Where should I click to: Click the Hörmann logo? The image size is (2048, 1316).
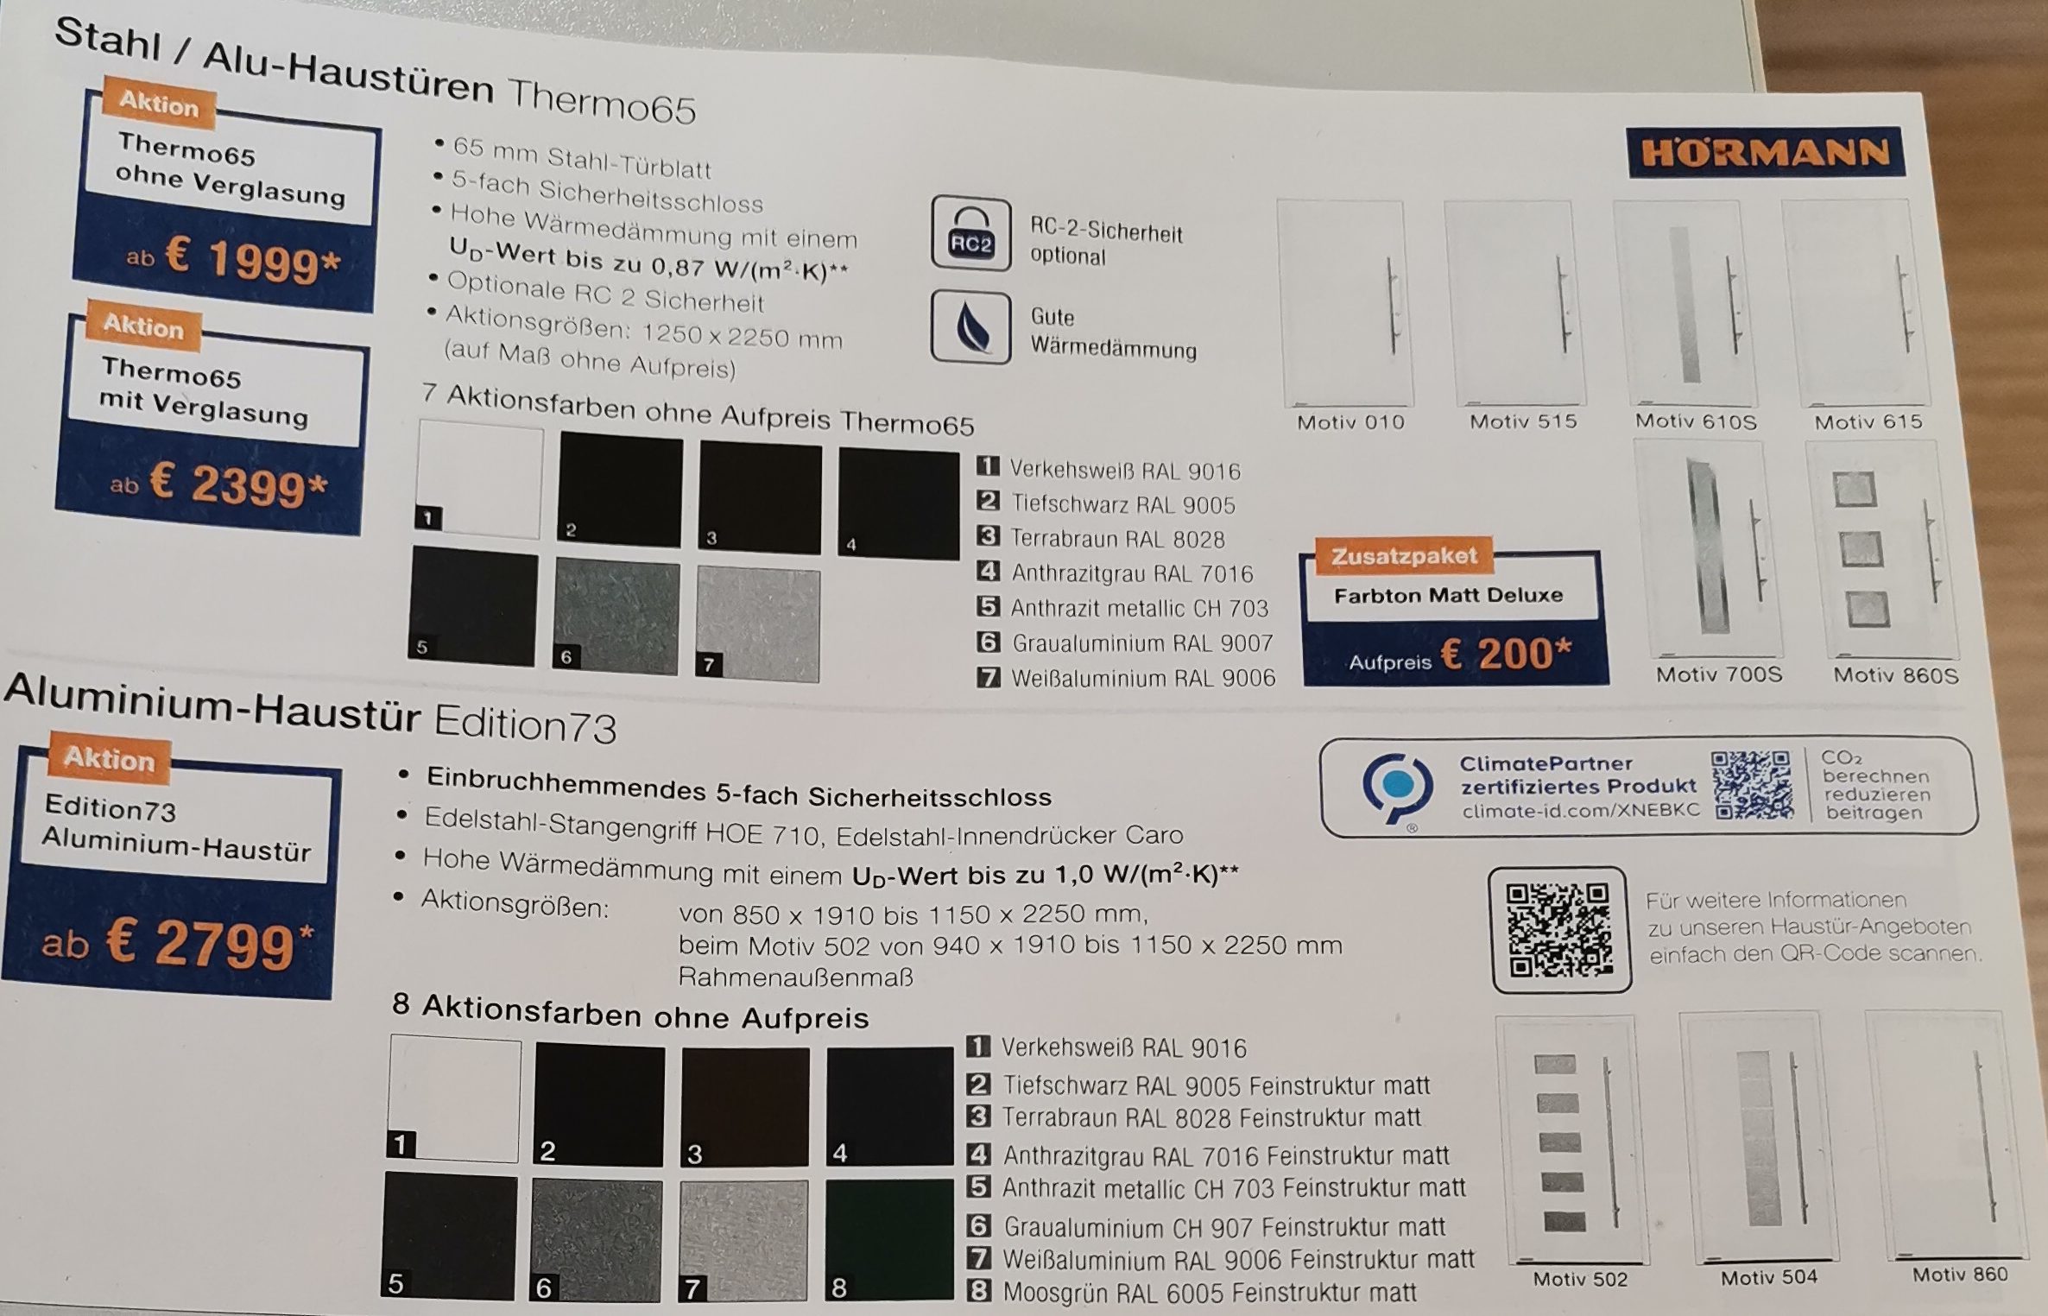pyautogui.click(x=1765, y=154)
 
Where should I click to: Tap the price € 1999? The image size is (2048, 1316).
pyautogui.click(x=252, y=258)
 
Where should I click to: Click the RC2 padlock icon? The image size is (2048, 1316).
pyautogui.click(x=970, y=233)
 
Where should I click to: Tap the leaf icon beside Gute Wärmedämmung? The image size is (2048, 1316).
pyautogui.click(x=970, y=327)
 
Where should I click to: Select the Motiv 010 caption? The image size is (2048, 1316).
pyautogui.click(x=1350, y=422)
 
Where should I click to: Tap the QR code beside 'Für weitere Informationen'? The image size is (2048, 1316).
pyautogui.click(x=1560, y=930)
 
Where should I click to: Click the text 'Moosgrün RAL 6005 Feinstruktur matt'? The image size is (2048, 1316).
pyautogui.click(x=1209, y=1293)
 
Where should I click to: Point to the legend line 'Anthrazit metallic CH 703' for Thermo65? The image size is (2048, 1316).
pyautogui.click(x=1139, y=609)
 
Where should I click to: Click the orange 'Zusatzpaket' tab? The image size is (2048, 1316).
pyautogui.click(x=1404, y=556)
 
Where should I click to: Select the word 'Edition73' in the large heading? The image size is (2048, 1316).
pyautogui.click(x=525, y=724)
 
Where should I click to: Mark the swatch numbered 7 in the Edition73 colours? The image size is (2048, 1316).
pyautogui.click(x=743, y=1241)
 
